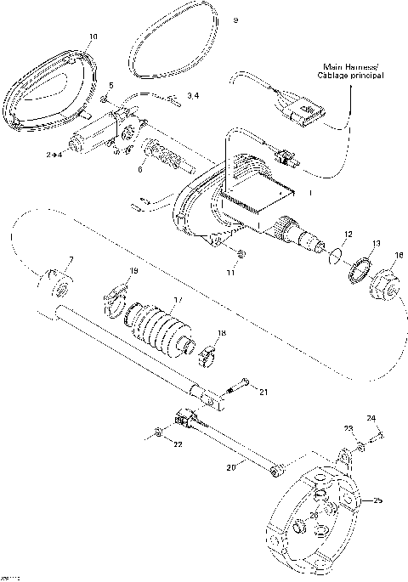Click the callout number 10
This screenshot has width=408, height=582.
pyautogui.click(x=93, y=37)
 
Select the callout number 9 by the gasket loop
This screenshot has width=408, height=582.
pyautogui.click(x=235, y=20)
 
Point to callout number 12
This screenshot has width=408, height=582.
pyautogui.click(x=347, y=233)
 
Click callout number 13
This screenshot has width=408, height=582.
pyautogui.click(x=377, y=241)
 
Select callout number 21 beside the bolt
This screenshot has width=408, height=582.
pyautogui.click(x=263, y=391)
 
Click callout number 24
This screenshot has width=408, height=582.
pyautogui.click(x=371, y=419)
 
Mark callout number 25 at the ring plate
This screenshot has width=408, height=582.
pyautogui.click(x=378, y=500)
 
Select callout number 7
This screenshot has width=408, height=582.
pyautogui.click(x=71, y=258)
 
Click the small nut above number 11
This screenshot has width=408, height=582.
pyautogui.click(x=241, y=253)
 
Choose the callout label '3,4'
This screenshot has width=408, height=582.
pyautogui.click(x=193, y=97)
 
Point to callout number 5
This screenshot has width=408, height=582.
pyautogui.click(x=110, y=85)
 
